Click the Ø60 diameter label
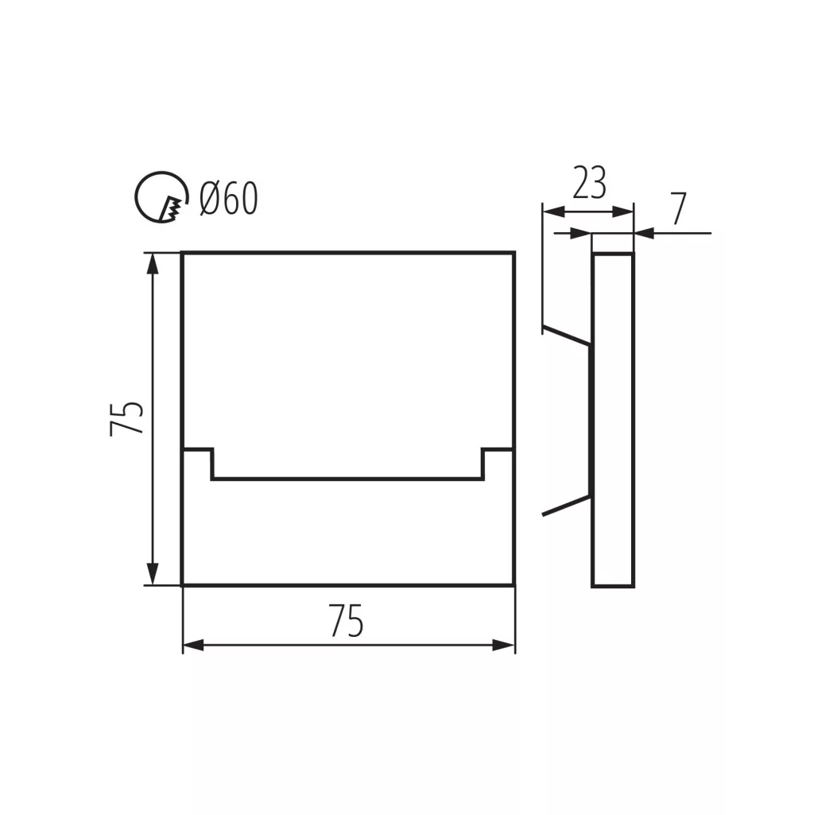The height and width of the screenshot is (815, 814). [x=229, y=198]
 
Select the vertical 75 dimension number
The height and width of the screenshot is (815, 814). [x=126, y=418]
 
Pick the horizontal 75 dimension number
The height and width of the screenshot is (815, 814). [x=346, y=621]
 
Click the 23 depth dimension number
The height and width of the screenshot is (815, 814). [x=590, y=183]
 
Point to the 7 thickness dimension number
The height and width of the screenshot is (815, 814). [x=678, y=208]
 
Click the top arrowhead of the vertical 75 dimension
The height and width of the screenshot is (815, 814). [x=152, y=264]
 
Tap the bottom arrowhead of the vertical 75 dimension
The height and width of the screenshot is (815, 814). [x=152, y=574]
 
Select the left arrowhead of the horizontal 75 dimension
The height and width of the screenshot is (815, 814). [x=193, y=646]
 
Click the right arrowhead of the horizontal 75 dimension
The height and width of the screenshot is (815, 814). [x=504, y=646]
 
